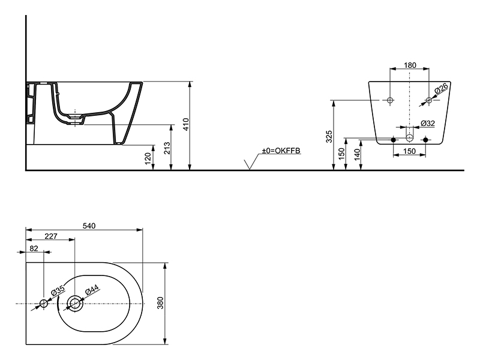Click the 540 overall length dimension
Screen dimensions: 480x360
point(89,226)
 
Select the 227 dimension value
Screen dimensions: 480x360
point(51,236)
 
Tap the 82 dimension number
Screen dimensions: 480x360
point(34,248)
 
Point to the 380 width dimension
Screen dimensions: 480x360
point(160,303)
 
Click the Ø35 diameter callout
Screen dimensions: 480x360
point(58,290)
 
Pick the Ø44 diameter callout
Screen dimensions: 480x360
point(92,290)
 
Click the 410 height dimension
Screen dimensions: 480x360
point(186,124)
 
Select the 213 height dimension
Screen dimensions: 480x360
point(167,148)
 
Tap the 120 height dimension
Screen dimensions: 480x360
point(148,158)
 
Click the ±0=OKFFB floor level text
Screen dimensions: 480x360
point(281,151)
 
